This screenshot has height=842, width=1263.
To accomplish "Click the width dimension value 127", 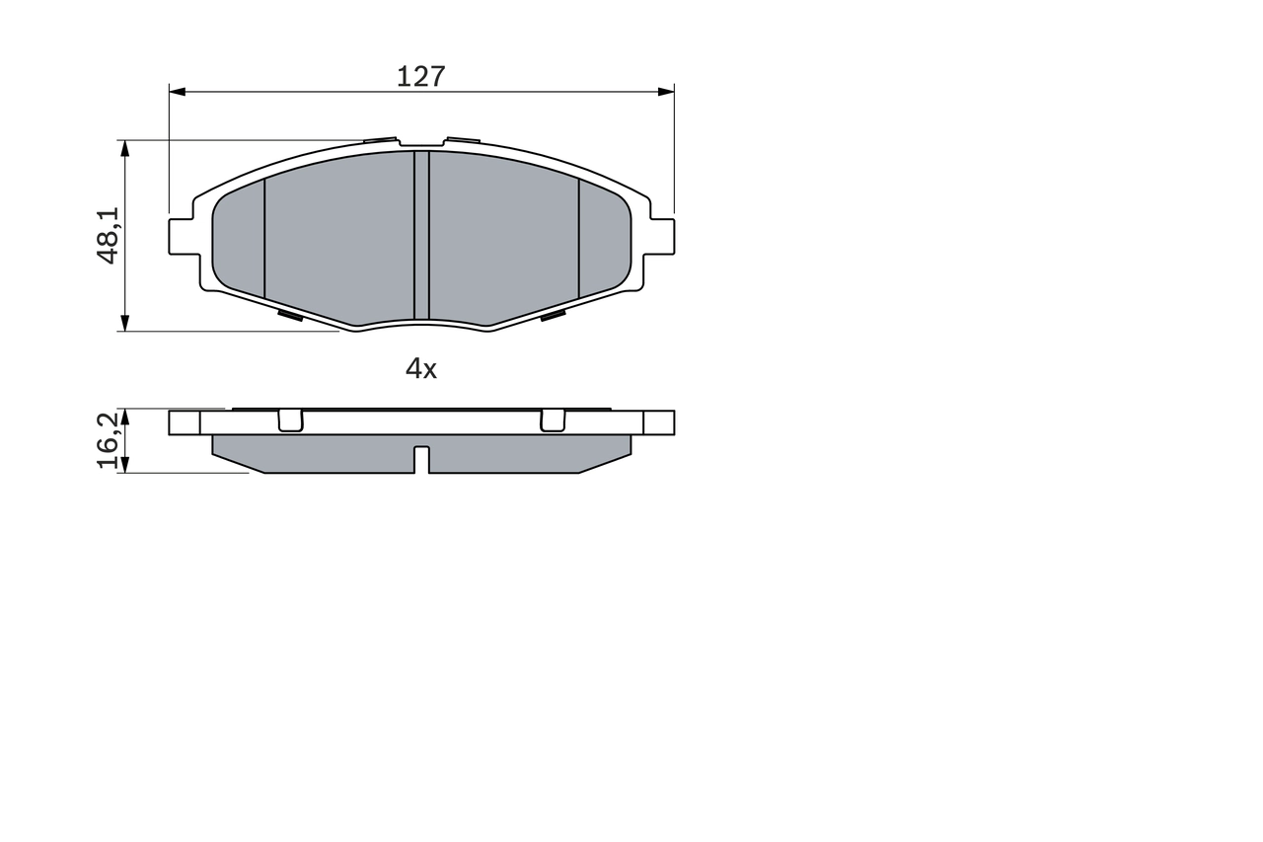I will click(421, 76).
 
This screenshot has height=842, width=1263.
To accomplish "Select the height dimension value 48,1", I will click(109, 235).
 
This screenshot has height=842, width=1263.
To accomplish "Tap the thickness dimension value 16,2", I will click(109, 440).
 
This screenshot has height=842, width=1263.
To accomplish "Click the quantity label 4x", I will click(421, 369).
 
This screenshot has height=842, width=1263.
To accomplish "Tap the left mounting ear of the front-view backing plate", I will click(181, 236).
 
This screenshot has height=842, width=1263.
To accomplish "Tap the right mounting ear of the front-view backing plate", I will click(662, 236).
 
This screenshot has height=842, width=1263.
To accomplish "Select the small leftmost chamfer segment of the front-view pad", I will click(240, 237).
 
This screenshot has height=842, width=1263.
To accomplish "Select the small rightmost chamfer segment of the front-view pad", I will click(603, 237).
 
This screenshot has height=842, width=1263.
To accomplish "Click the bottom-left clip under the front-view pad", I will click(290, 316).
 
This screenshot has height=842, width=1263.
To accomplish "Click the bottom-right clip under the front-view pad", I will click(553, 316).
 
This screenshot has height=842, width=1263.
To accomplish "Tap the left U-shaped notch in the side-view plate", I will click(290, 421).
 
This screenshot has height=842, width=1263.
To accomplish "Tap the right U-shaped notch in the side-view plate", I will click(553, 421).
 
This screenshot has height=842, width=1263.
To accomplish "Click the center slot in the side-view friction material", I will click(421, 459).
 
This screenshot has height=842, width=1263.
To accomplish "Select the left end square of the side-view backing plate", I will click(185, 422).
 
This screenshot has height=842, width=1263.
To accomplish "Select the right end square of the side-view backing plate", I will click(659, 422).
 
